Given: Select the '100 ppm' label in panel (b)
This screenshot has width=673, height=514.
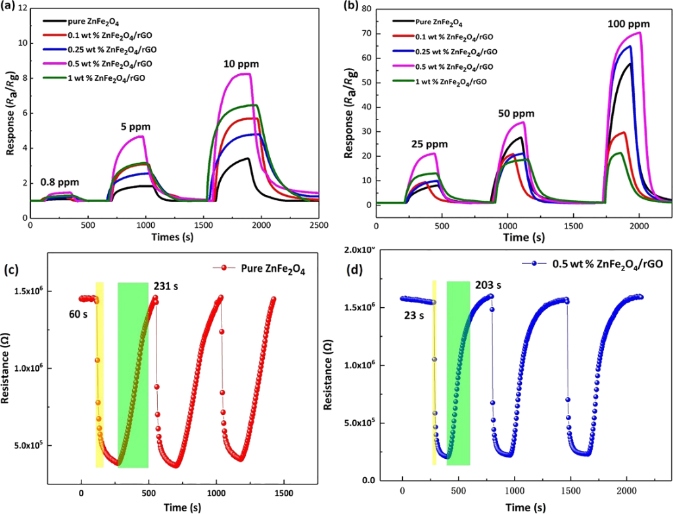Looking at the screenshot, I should pos(628,24).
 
